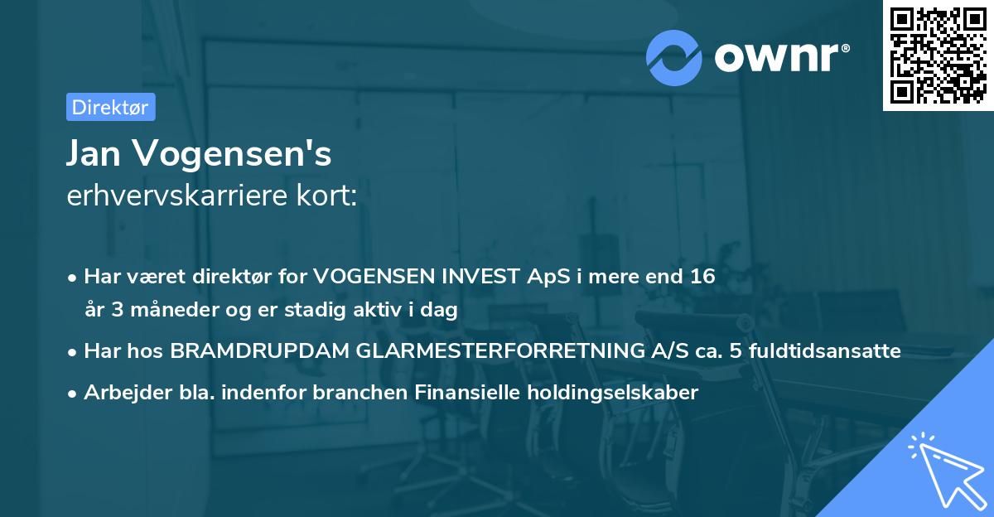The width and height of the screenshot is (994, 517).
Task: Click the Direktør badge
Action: (x=110, y=107)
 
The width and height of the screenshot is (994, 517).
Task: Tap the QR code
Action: (x=937, y=56)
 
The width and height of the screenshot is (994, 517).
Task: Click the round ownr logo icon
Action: (x=675, y=56)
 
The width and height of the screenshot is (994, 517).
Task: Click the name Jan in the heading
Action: (x=97, y=154)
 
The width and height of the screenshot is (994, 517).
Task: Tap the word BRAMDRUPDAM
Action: (x=259, y=350)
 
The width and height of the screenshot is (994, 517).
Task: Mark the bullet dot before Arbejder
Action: (x=74, y=393)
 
